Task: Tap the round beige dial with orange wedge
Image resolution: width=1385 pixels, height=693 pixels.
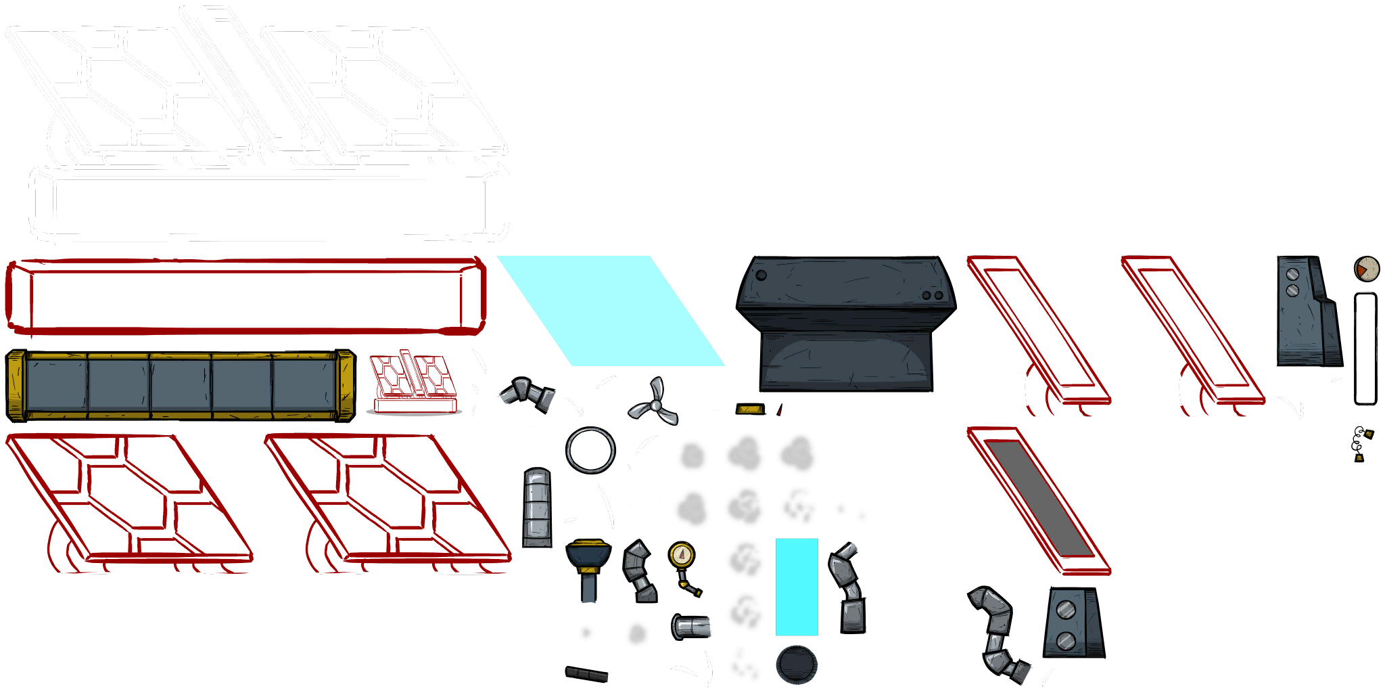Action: pyautogui.click(x=1366, y=269)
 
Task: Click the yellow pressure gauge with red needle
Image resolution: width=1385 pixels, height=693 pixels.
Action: pyautogui.click(x=682, y=556)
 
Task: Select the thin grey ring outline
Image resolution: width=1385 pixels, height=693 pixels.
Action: pyautogui.click(x=590, y=450)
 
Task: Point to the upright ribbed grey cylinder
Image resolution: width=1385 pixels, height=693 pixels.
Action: pyautogui.click(x=538, y=508)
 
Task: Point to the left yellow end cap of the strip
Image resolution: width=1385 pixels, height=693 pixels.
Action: pyautogui.click(x=16, y=384)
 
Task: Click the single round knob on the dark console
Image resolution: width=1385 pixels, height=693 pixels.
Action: pyautogui.click(x=761, y=275)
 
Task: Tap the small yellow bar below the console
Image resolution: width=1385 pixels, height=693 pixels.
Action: pyautogui.click(x=749, y=409)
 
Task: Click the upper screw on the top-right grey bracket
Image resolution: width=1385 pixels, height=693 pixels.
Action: pyautogui.click(x=1292, y=274)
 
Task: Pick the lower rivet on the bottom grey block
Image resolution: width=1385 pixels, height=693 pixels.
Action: pyautogui.click(x=1065, y=640)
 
